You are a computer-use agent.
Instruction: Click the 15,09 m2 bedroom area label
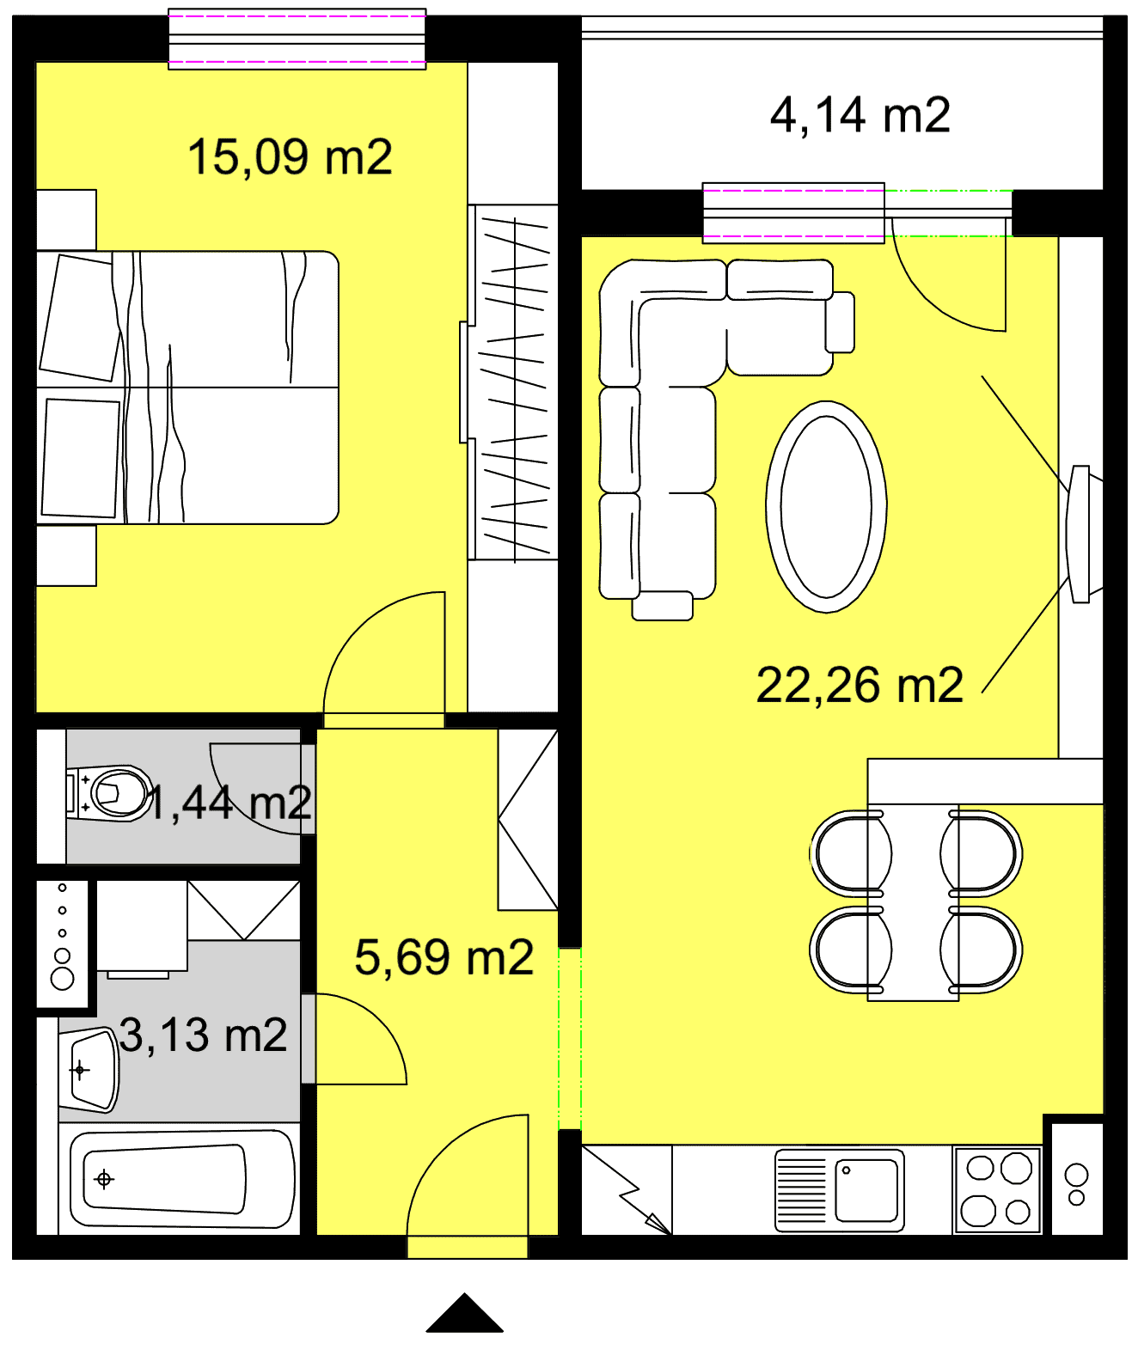[x=289, y=157]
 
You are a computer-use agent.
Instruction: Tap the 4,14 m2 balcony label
[x=860, y=115]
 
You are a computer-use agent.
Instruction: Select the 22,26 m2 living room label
[x=860, y=685]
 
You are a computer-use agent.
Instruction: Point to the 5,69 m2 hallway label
[x=444, y=957]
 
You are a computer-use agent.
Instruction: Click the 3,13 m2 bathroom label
[x=203, y=1035]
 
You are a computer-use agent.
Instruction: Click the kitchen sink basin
[x=866, y=1189]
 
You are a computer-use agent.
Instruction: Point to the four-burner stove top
[x=997, y=1189]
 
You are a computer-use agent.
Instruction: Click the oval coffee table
[x=826, y=506]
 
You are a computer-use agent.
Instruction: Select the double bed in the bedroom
[x=187, y=388]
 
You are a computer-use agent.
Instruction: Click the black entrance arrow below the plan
[x=464, y=1314]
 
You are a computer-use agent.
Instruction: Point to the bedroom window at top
[x=297, y=39]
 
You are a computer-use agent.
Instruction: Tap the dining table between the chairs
[x=913, y=902]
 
